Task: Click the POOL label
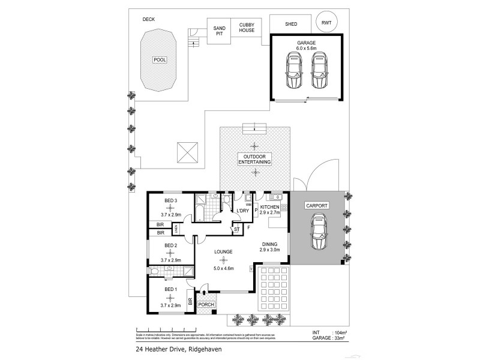tap(160, 60)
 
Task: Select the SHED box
tap(291, 24)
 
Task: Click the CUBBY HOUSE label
tap(247, 26)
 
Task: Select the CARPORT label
tap(317, 205)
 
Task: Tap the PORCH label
tap(206, 305)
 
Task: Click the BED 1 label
tap(170, 290)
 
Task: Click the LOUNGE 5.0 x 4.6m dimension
tap(224, 268)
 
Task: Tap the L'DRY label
tap(242, 211)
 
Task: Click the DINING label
tap(269, 244)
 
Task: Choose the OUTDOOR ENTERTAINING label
tap(255, 160)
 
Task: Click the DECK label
tap(149, 19)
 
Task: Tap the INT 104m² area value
tap(334, 332)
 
